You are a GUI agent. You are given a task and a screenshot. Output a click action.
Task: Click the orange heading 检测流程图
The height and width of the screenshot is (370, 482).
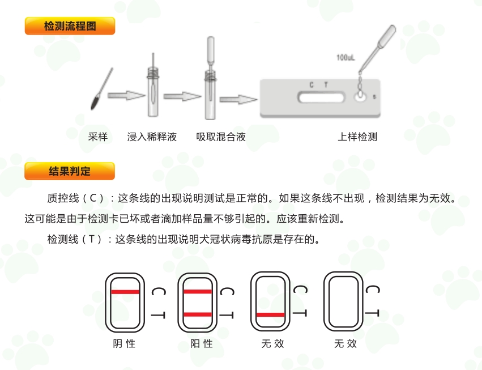pyautogui.click(x=70, y=26)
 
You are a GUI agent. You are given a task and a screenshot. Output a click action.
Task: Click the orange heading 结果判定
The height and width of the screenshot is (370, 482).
pyautogui.click(x=70, y=171)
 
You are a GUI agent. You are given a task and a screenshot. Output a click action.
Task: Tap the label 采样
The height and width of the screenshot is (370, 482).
pyautogui.click(x=98, y=137)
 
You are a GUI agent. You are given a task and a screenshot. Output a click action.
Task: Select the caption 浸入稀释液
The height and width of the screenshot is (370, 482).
pyautogui.click(x=152, y=137)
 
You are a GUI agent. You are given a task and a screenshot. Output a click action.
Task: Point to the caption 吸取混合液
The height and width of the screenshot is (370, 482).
pyautogui.click(x=221, y=137)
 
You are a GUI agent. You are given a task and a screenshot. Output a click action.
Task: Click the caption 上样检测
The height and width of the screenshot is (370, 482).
pyautogui.click(x=357, y=137)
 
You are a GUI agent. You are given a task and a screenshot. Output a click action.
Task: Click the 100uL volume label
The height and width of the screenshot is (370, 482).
pyautogui.click(x=345, y=58)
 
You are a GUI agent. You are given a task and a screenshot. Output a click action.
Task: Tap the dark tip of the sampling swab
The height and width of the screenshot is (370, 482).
pyautogui.click(x=95, y=102)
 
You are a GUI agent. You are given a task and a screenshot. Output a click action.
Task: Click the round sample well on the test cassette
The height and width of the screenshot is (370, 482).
pyautogui.click(x=360, y=97)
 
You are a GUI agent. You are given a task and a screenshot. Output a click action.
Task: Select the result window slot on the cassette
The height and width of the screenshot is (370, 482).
pyautogui.click(x=321, y=97)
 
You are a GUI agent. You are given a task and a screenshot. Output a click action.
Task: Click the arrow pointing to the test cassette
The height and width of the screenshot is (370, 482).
pyautogui.click(x=238, y=100)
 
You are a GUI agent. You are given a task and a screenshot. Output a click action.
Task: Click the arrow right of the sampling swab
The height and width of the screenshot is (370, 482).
pyautogui.click(x=126, y=95)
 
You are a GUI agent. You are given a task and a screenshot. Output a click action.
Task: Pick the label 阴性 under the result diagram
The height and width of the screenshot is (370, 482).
pyautogui.click(x=124, y=343)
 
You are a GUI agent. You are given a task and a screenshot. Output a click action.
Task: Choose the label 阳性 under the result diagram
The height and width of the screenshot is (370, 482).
pyautogui.click(x=201, y=343)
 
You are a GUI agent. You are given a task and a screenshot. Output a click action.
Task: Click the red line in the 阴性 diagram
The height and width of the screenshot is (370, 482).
pyautogui.click(x=125, y=292)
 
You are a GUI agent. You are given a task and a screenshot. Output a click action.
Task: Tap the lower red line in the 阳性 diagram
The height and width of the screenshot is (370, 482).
pyautogui.click(x=198, y=314)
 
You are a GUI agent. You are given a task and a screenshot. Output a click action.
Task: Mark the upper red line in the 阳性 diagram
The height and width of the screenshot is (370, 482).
pyautogui.click(x=198, y=291)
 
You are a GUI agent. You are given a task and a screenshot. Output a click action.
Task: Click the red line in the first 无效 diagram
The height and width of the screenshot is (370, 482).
pyautogui.click(x=271, y=314)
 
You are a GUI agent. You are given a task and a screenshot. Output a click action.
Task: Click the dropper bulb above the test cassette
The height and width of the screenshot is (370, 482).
pyautogui.click(x=387, y=35)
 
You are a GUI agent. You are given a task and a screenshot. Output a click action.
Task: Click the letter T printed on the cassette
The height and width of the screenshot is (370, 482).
pyautogui.click(x=326, y=84)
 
